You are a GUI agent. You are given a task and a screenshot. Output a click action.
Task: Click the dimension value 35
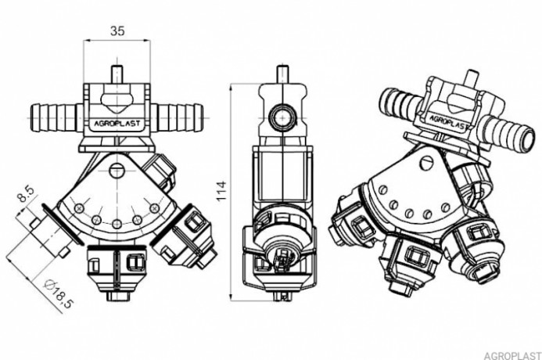pyautogui.click(x=117, y=31)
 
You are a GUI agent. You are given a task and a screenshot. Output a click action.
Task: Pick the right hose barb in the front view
pyautogui.click(x=180, y=114)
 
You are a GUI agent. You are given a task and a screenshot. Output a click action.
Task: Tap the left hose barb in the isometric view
pyautogui.click(x=404, y=103)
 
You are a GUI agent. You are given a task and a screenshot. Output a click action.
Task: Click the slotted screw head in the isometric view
pyautogui.click(x=427, y=161)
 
